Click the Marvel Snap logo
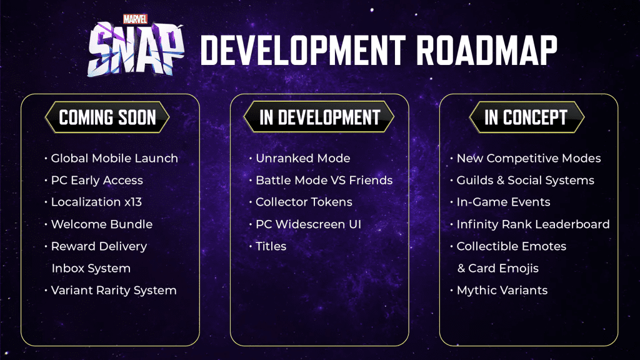tap(136, 46)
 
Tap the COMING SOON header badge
tap(107, 117)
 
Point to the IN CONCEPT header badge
tap(526, 117)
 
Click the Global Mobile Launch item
tap(114, 158)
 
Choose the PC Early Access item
tap(97, 181)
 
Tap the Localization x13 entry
tap(96, 202)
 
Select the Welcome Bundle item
tap(102, 224)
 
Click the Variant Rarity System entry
tap(114, 291)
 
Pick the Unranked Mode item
tap(303, 158)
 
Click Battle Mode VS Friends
tap(324, 181)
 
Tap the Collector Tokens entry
tap(304, 202)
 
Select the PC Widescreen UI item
tap(308, 224)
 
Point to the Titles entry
tap(271, 246)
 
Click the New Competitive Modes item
tap(529, 158)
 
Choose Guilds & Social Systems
tap(525, 181)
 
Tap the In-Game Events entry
tap(503, 202)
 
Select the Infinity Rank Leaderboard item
tap(533, 224)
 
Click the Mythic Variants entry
tap(502, 291)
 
